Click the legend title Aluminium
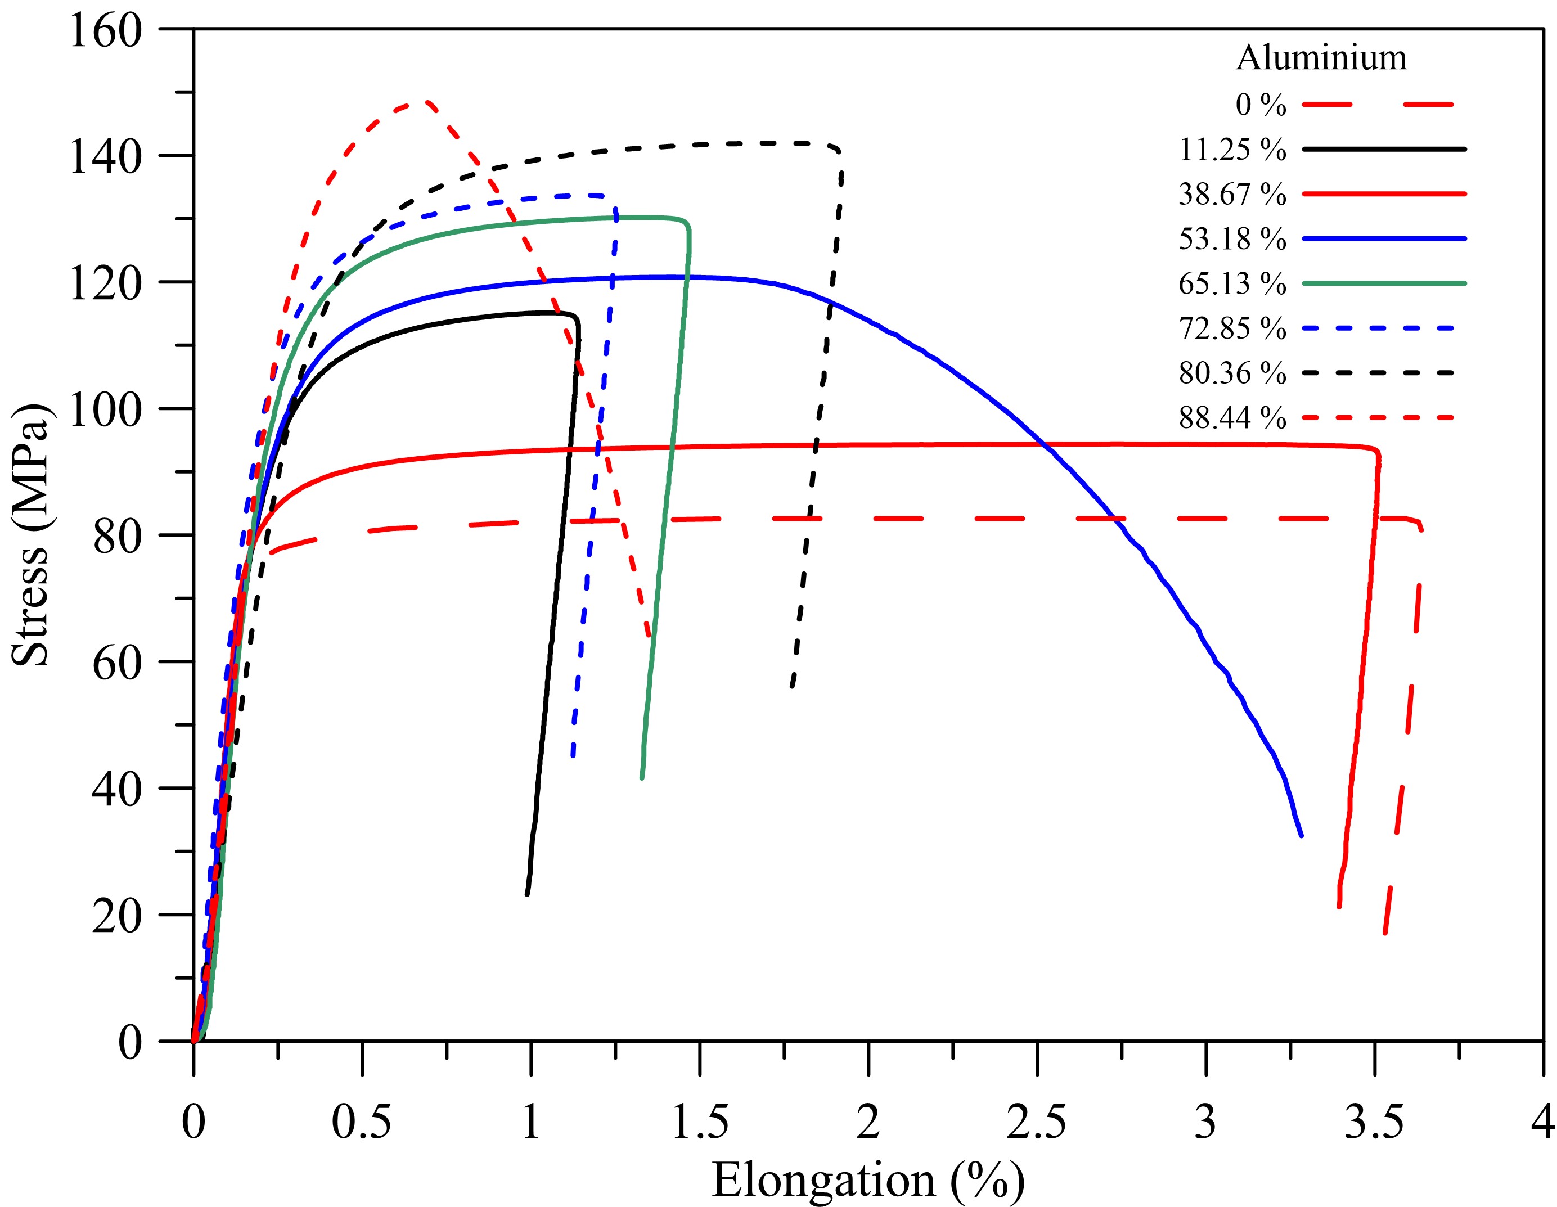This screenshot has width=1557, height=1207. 1321,58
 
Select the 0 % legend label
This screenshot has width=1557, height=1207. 1261,105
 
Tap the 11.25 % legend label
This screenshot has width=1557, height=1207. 1232,150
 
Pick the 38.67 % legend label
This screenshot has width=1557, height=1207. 1232,194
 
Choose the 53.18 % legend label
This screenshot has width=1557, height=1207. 1232,239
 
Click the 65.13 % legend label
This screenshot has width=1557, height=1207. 1232,283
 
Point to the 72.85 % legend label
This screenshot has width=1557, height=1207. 1232,328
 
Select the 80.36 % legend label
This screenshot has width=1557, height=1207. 1232,373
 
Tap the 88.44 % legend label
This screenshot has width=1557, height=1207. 1232,418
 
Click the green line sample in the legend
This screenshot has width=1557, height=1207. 1384,283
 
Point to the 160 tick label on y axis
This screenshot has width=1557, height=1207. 106,31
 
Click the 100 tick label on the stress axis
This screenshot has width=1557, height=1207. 106,411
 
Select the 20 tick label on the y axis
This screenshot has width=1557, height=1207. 117,917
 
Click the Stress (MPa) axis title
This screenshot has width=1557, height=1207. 30,535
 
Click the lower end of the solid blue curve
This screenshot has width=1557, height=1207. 1301,835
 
